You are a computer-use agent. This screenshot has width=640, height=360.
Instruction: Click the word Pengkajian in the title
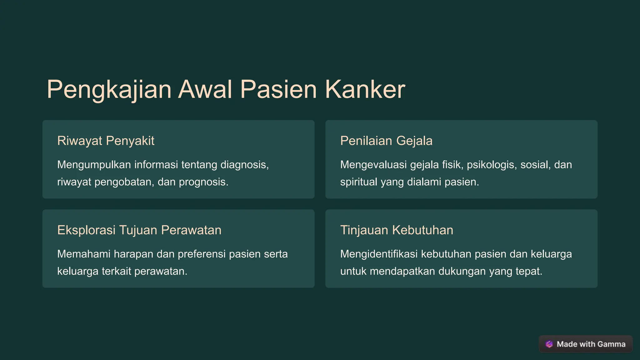(x=109, y=90)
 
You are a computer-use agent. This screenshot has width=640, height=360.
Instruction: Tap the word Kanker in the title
(x=365, y=90)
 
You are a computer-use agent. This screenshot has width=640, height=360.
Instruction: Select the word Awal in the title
(x=205, y=90)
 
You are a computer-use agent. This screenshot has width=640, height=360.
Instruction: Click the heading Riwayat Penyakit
(x=106, y=141)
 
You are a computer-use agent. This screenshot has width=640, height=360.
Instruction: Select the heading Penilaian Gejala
(x=386, y=141)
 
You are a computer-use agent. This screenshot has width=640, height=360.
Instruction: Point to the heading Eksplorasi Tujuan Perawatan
(x=139, y=230)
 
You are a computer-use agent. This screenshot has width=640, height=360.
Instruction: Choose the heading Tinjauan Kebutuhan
(x=397, y=230)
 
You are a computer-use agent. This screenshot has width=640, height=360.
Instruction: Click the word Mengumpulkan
(x=94, y=165)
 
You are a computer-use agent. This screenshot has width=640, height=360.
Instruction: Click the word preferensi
(x=202, y=254)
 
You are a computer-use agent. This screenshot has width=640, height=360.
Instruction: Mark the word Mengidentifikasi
(x=379, y=254)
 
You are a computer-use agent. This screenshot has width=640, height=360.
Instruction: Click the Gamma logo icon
(x=549, y=344)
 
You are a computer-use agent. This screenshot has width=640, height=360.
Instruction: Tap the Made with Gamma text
(x=591, y=344)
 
